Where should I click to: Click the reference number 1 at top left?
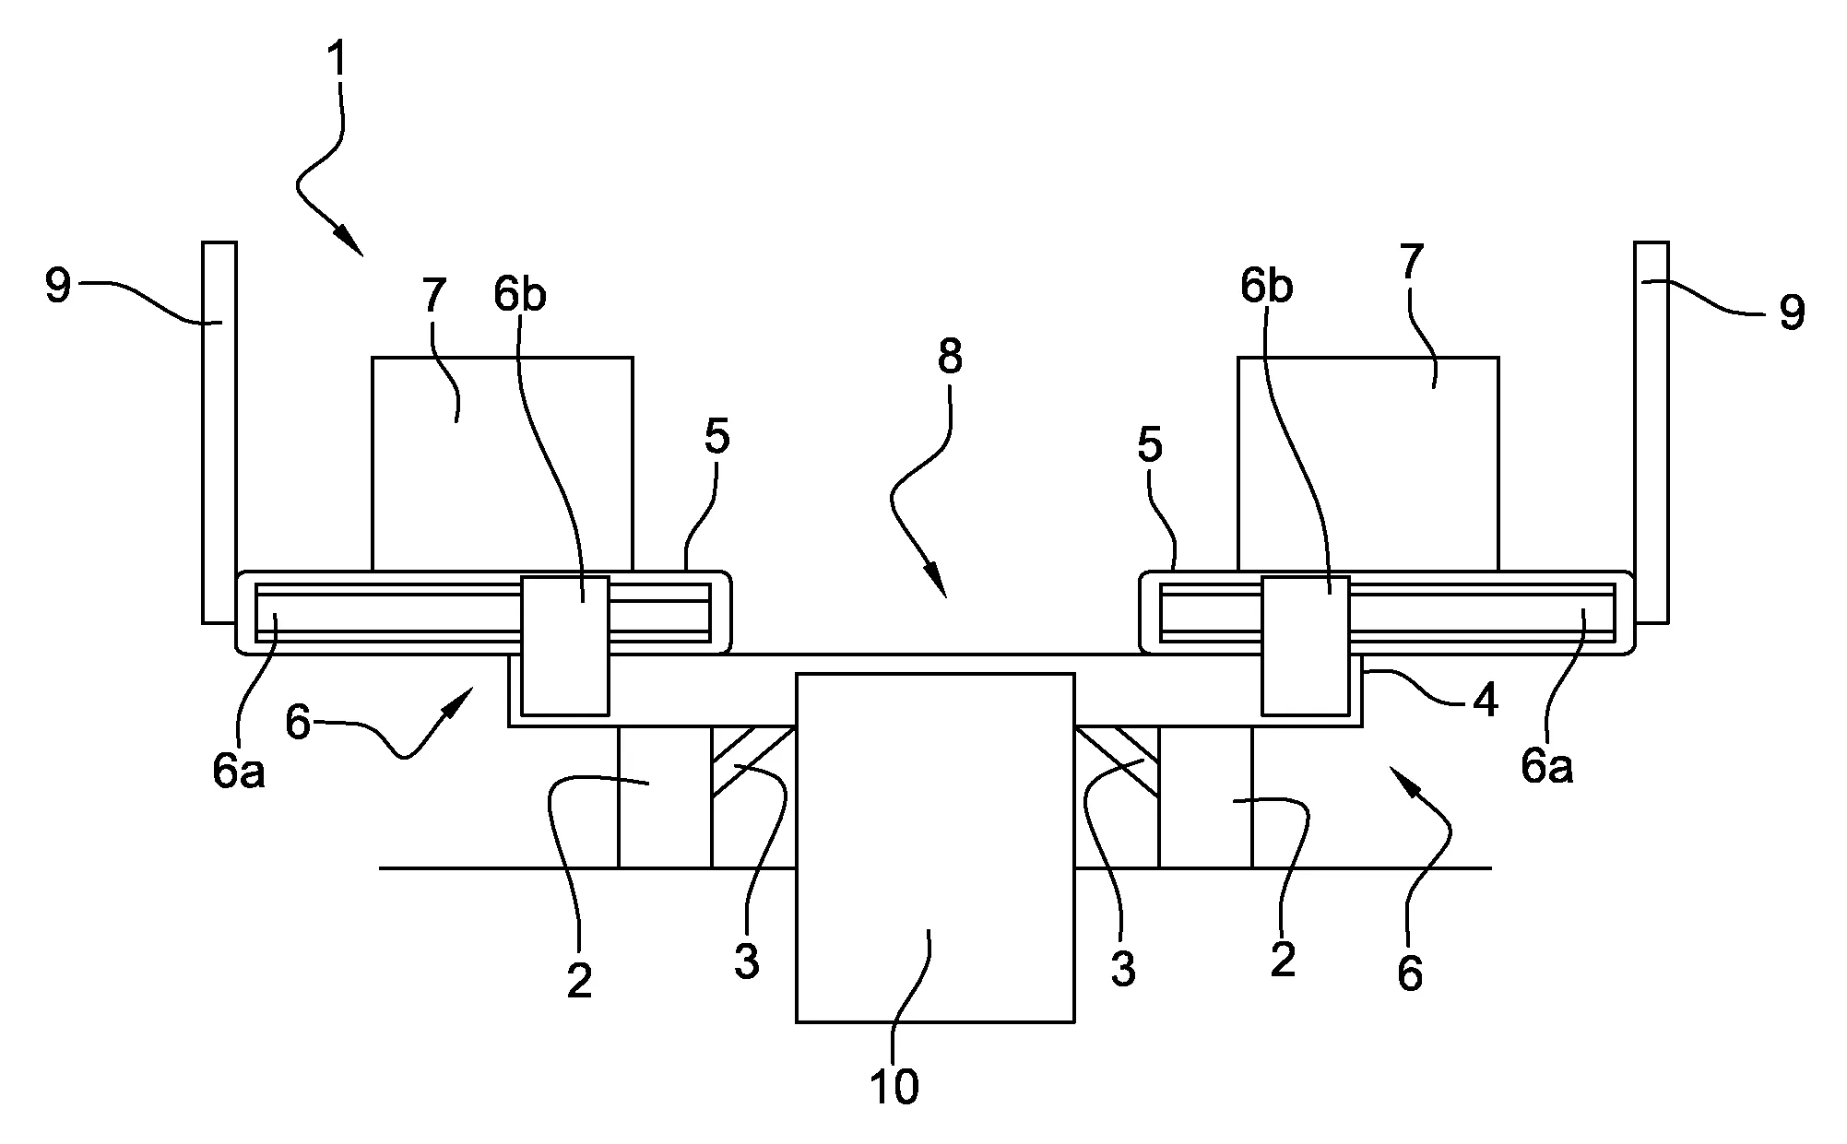pyautogui.click(x=338, y=58)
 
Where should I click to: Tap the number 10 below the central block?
pyautogui.click(x=894, y=1087)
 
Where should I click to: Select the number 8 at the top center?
pyautogui.click(x=950, y=356)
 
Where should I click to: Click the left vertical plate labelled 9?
pyautogui.click(x=219, y=432)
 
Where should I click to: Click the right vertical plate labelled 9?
pyautogui.click(x=1651, y=432)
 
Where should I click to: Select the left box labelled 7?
pyautogui.click(x=503, y=464)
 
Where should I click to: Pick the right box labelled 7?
pyautogui.click(x=1368, y=464)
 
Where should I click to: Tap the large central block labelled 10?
pyautogui.click(x=935, y=847)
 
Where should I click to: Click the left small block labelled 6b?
pyautogui.click(x=565, y=645)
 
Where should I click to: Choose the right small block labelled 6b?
pyautogui.click(x=1306, y=645)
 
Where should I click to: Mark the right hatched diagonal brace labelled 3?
pyautogui.click(x=1117, y=761)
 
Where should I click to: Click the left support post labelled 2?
pyautogui.click(x=665, y=797)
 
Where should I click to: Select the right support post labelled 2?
pyautogui.click(x=1205, y=797)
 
